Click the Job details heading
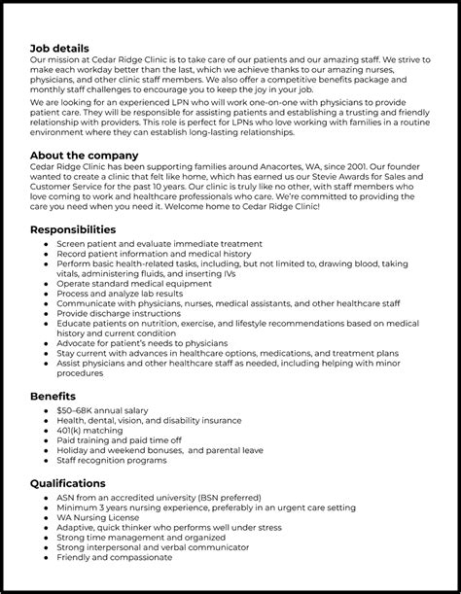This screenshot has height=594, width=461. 59,48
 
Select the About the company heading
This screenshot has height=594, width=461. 84,156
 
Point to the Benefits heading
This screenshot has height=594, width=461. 53,397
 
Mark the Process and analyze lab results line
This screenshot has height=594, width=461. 120,292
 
